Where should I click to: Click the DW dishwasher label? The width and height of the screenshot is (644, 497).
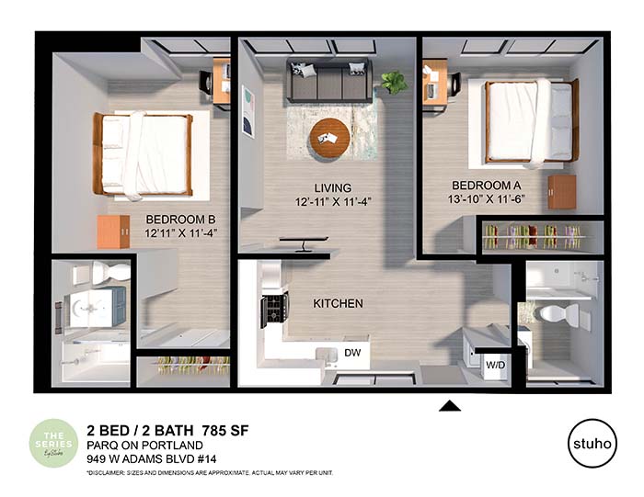coord(351,352)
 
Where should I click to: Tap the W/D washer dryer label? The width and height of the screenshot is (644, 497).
coord(493,366)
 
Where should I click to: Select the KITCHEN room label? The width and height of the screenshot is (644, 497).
coord(338,303)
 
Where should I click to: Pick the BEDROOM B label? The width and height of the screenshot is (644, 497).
coord(180,219)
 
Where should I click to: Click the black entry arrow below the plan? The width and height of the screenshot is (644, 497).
coord(449,405)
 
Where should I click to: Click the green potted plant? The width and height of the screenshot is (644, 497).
coord(395,83)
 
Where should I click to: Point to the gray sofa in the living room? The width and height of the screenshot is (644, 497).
coord(328,80)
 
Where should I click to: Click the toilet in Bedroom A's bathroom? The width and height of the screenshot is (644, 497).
coord(558,314)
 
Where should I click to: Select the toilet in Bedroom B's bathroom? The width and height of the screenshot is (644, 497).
coord(110,271)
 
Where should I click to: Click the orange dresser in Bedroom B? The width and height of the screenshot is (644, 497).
coord(113,232)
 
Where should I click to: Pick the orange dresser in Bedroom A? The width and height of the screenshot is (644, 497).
coord(561,192)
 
